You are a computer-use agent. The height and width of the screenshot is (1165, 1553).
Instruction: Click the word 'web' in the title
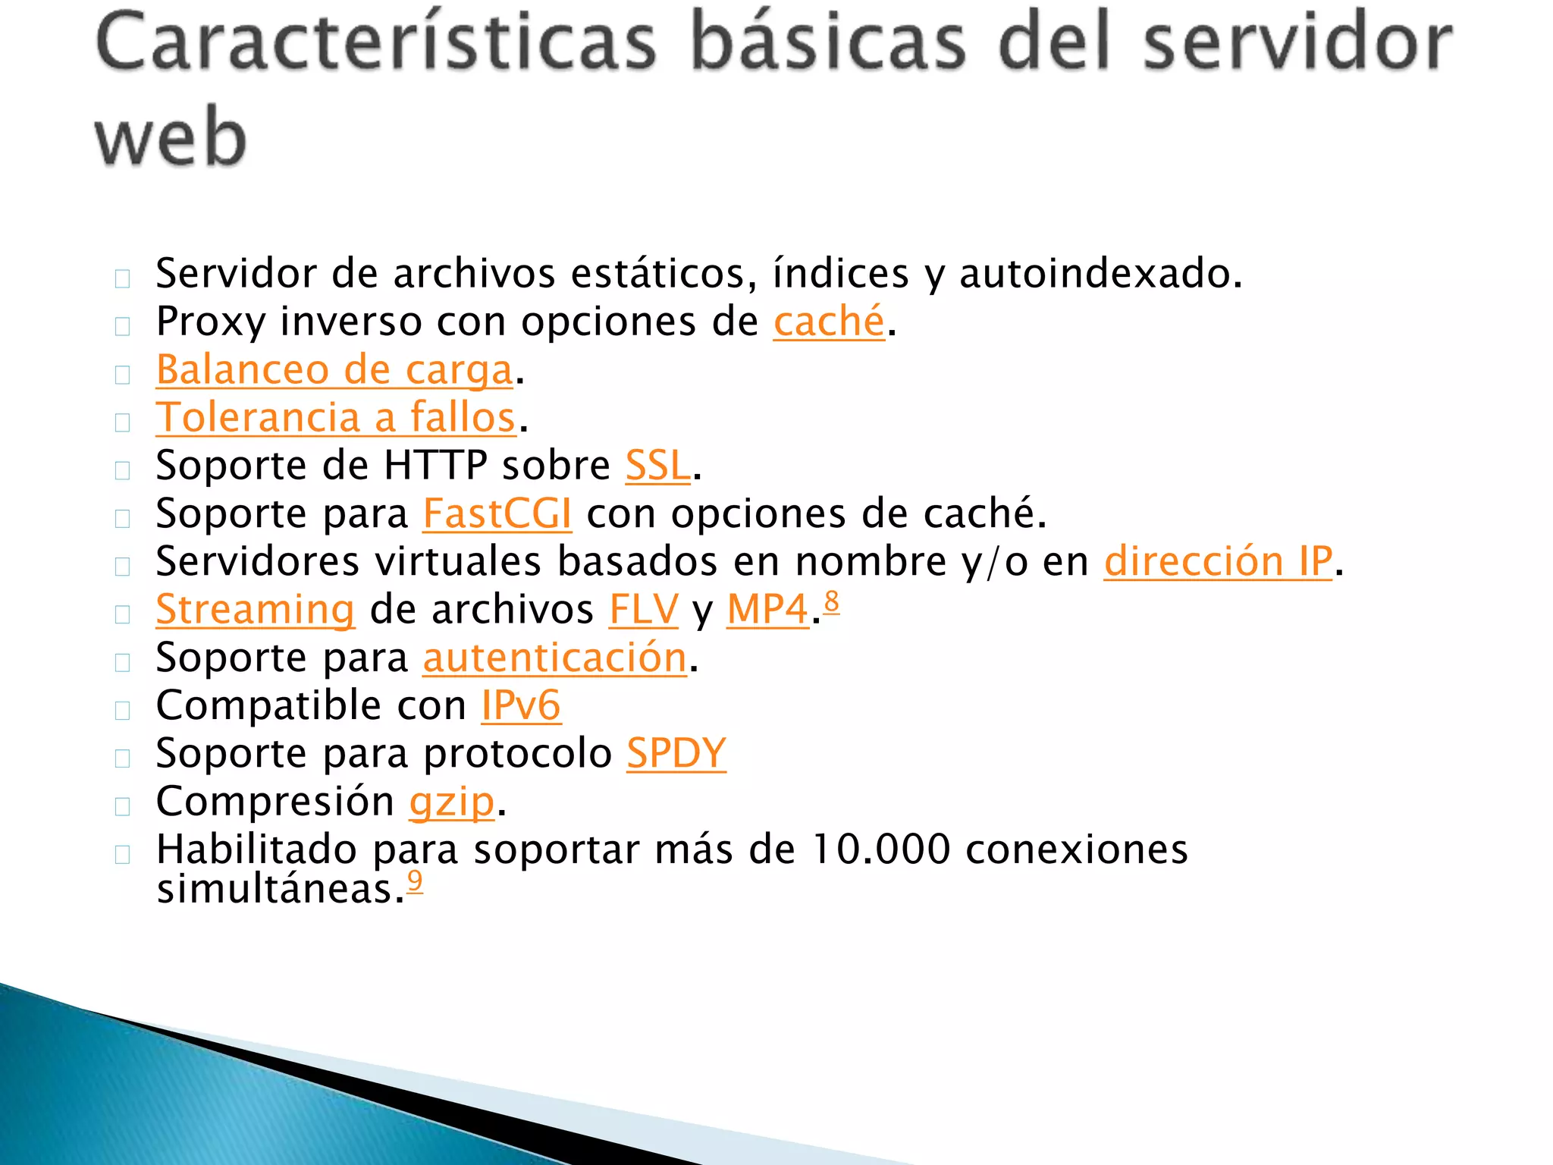pos(171,137)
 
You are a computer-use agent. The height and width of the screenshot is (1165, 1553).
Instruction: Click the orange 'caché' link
pos(829,322)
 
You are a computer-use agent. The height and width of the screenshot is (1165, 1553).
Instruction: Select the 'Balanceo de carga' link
pos(334,370)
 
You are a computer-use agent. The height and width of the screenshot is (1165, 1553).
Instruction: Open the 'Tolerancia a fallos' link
pos(336,418)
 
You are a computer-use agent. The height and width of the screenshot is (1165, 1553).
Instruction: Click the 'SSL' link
pos(657,466)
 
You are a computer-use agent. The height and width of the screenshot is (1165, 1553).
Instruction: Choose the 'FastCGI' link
pos(497,513)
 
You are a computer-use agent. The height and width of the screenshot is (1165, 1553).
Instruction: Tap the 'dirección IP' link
pos(1217,562)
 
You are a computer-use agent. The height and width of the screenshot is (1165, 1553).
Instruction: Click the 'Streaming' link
pos(255,610)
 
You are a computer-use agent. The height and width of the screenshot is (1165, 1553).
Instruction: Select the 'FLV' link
pos(643,610)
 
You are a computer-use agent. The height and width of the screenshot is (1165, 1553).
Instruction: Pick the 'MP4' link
pos(767,610)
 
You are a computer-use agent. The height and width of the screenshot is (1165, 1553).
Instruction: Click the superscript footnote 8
pos(832,601)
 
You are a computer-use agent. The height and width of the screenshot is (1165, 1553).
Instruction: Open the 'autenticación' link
pos(554,658)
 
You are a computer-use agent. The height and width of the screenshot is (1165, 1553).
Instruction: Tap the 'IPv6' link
pos(521,706)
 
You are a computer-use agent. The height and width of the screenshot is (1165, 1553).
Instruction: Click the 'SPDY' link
pos(676,754)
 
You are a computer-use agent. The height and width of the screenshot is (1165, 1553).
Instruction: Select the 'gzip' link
pos(452,802)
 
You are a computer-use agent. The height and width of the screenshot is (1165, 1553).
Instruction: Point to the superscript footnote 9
pos(415,881)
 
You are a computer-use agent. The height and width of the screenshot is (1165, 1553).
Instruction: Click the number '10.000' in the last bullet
pos(880,849)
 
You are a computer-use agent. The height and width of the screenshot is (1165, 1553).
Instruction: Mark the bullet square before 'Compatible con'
pos(123,711)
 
